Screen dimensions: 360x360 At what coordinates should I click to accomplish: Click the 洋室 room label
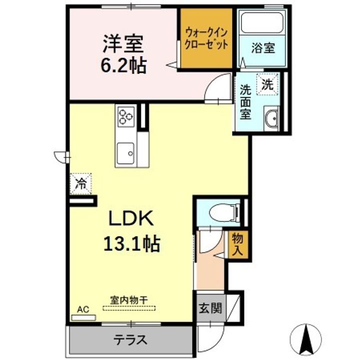(x=123, y=44)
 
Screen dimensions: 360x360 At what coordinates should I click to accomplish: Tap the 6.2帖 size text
(x=124, y=65)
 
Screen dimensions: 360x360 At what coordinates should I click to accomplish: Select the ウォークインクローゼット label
(x=206, y=38)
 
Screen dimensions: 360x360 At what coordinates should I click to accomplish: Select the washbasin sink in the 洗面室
(x=272, y=118)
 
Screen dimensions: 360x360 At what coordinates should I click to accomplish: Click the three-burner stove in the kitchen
(x=126, y=117)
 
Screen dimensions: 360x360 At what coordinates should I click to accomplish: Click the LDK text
(x=131, y=219)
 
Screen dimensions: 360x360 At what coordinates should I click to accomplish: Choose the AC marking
(x=83, y=310)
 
